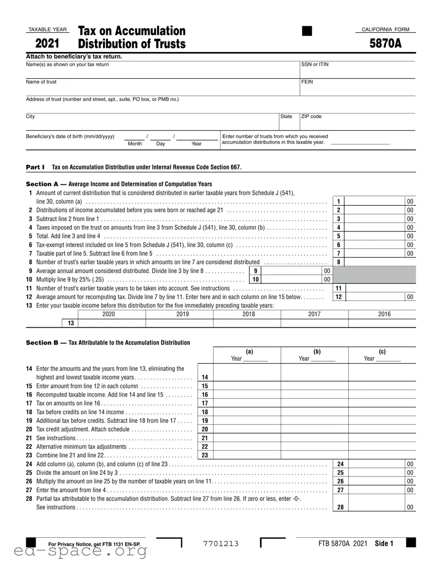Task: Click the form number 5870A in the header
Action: point(385,44)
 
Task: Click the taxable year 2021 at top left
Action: point(47,44)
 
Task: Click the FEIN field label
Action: point(307,82)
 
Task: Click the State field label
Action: point(286,116)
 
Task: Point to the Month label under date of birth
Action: point(135,144)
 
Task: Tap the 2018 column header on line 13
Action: point(247,314)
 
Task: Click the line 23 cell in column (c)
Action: point(382,455)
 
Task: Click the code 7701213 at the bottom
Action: point(221,544)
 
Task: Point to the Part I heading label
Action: point(35,167)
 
